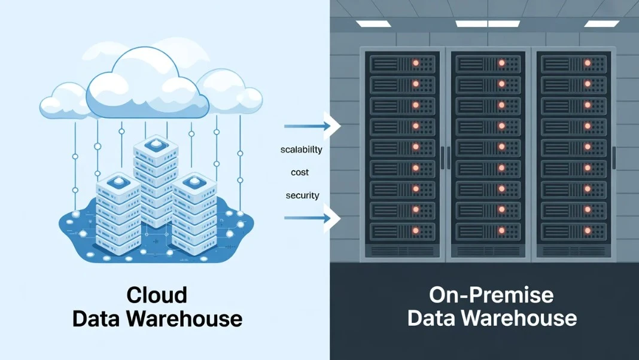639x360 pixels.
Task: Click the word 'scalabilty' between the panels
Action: click(301, 150)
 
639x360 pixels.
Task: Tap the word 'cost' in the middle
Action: click(300, 172)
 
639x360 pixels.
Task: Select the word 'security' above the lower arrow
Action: click(302, 196)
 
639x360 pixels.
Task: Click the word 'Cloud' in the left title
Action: click(157, 295)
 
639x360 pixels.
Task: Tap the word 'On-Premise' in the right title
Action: click(491, 295)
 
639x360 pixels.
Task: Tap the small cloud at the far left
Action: click(63, 102)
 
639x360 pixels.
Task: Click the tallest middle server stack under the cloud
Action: click(156, 179)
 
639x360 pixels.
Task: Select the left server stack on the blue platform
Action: click(117, 212)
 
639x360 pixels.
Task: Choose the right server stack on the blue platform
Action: click(193, 212)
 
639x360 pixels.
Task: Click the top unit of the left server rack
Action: click(404, 63)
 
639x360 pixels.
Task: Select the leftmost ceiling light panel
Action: click(373, 24)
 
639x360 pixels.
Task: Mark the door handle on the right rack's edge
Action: click(614, 157)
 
